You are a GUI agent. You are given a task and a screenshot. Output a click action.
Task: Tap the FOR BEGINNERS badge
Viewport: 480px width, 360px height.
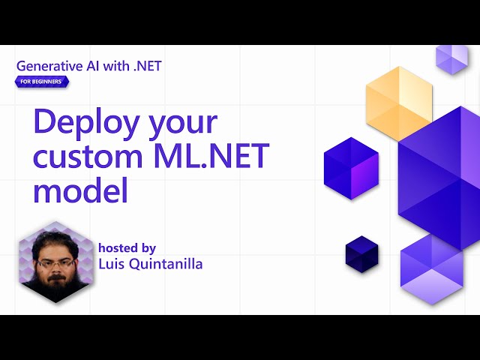(x=42, y=81)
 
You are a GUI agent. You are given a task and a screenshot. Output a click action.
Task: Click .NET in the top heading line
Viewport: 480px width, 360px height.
(x=145, y=65)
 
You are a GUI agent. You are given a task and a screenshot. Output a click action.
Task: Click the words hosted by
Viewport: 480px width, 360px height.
(x=127, y=247)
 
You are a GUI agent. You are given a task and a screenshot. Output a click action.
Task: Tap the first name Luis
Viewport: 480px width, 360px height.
(x=112, y=263)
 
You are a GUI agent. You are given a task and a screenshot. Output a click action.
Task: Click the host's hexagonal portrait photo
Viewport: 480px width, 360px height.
(x=56, y=262)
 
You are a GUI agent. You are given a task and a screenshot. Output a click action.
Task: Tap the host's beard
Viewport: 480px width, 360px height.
(x=56, y=282)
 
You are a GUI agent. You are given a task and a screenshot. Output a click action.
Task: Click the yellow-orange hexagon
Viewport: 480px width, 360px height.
(x=399, y=102)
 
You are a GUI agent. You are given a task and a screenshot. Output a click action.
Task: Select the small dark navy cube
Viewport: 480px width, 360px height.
(x=361, y=253)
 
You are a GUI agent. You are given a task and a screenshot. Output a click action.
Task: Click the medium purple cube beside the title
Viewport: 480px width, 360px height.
(x=351, y=169)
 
